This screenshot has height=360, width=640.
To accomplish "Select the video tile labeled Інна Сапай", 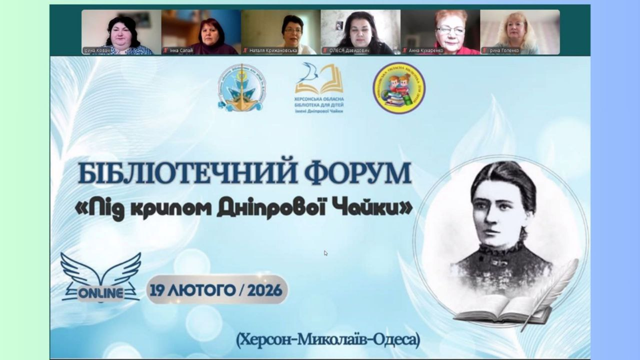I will (x=201, y=32).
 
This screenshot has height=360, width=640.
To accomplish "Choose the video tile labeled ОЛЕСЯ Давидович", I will (x=360, y=32).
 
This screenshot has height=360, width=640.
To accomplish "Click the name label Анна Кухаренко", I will (x=426, y=50).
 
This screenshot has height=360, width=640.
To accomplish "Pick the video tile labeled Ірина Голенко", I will (x=520, y=32).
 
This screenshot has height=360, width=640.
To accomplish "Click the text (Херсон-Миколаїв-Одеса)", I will (x=328, y=340).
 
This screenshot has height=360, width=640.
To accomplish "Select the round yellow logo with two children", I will (x=398, y=87).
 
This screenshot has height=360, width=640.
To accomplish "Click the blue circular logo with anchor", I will (x=241, y=87).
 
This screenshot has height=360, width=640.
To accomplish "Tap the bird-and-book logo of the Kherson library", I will (x=319, y=80).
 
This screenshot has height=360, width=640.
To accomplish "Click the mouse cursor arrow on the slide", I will (x=325, y=253).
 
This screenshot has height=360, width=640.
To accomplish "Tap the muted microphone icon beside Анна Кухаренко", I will (x=404, y=50).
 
